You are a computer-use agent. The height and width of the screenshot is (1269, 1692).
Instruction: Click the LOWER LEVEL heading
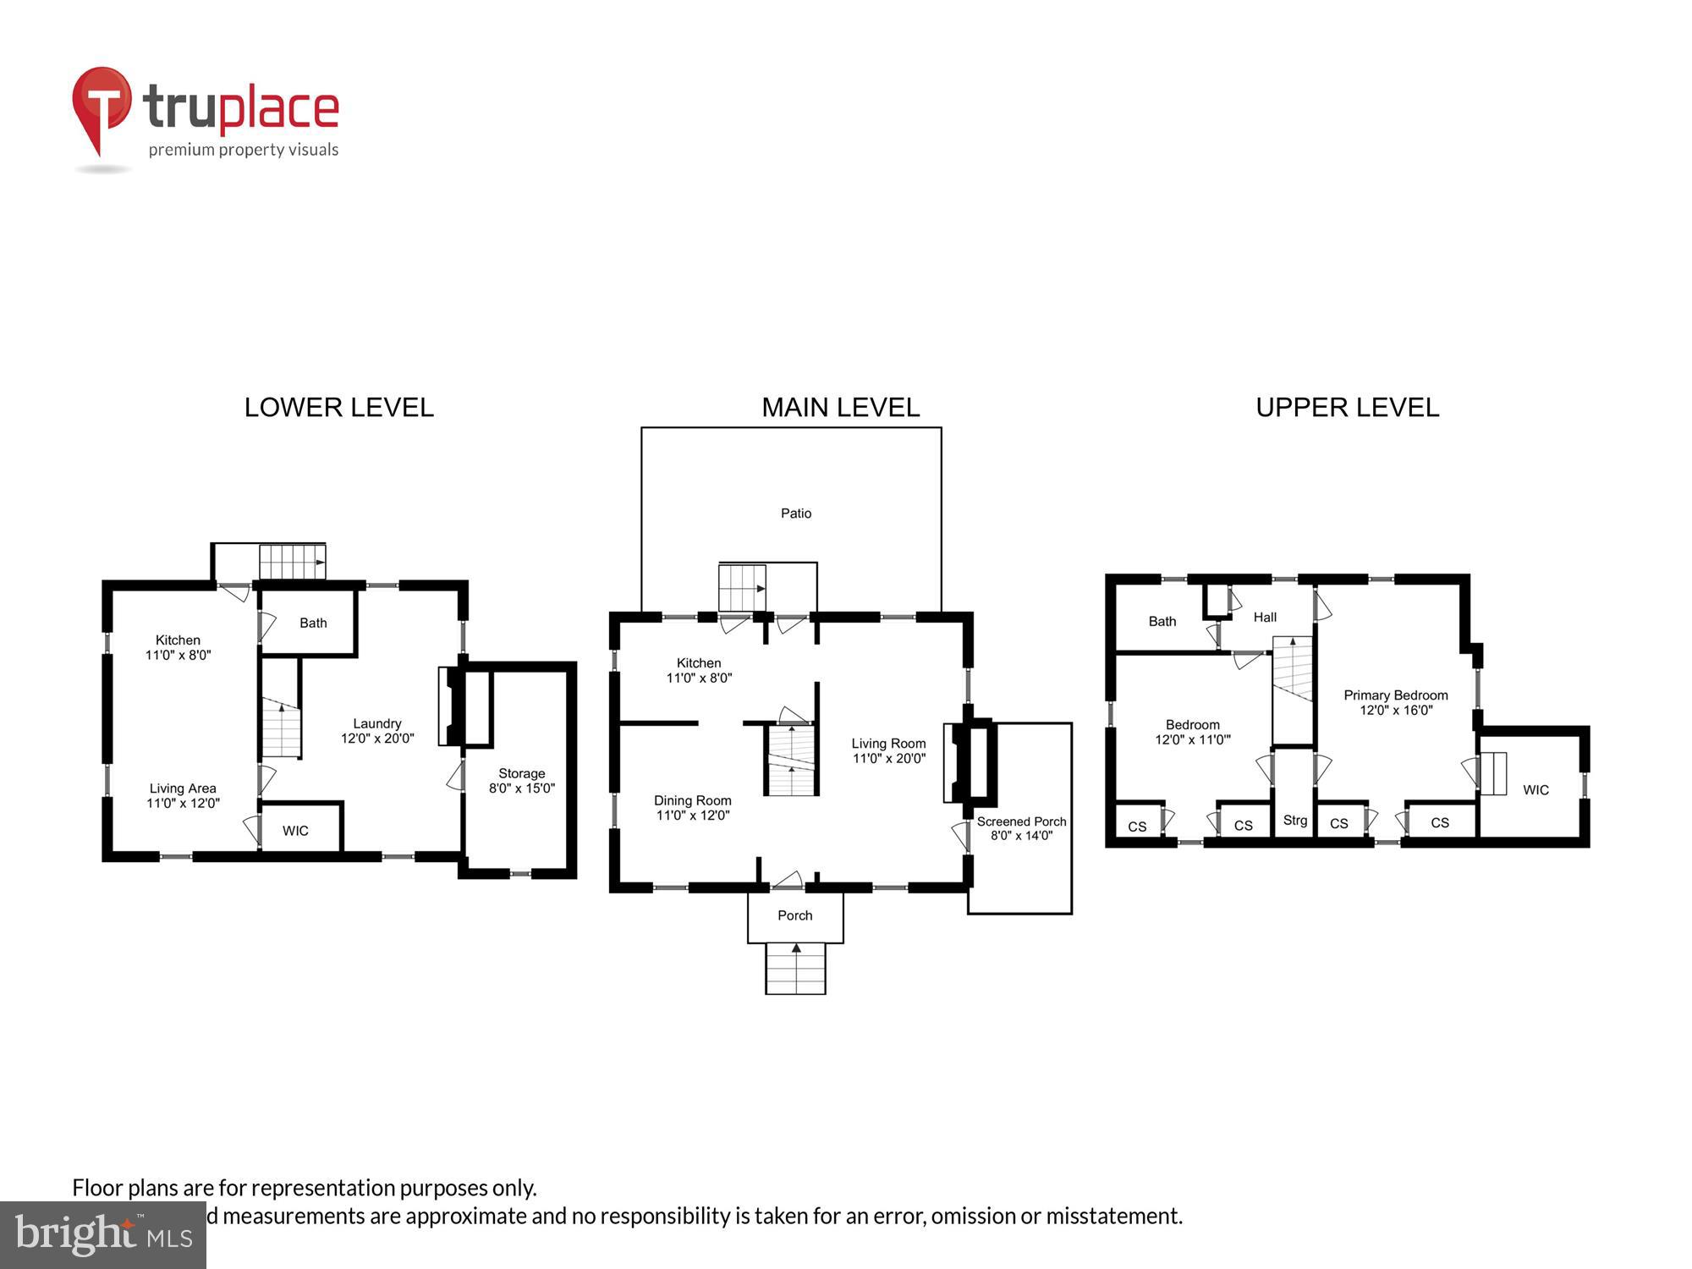tap(338, 408)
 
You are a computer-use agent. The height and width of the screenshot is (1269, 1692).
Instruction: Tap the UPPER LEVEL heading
tap(1347, 408)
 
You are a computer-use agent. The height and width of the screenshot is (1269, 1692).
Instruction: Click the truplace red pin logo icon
tap(102, 110)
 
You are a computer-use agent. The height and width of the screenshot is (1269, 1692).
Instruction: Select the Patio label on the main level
tap(795, 514)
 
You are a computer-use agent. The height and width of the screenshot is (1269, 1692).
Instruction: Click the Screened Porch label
tap(1021, 821)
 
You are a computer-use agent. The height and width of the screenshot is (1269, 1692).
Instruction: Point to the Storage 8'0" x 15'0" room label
tap(521, 781)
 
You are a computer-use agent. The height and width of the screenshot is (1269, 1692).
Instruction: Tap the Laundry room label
tap(376, 724)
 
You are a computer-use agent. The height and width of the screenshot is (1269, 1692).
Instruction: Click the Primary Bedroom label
tap(1395, 695)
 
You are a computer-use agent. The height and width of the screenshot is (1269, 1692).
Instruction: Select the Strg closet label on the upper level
tap(1294, 821)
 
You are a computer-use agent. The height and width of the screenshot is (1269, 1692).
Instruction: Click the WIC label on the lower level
tap(295, 831)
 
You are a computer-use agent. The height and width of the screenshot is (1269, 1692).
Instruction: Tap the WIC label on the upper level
tap(1535, 790)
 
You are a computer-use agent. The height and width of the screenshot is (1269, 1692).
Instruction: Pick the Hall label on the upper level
tap(1265, 618)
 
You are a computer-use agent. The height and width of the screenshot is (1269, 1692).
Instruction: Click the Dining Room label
tap(692, 800)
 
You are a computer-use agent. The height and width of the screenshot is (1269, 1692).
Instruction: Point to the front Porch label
tap(794, 915)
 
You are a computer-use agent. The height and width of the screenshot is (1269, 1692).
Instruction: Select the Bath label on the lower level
tap(313, 624)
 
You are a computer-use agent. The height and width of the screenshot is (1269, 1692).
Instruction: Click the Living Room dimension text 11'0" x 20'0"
tap(888, 759)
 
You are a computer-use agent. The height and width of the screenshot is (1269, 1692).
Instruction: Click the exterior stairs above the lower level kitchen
tap(292, 562)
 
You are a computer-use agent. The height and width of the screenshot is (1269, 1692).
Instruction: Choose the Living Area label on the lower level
tap(183, 788)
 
